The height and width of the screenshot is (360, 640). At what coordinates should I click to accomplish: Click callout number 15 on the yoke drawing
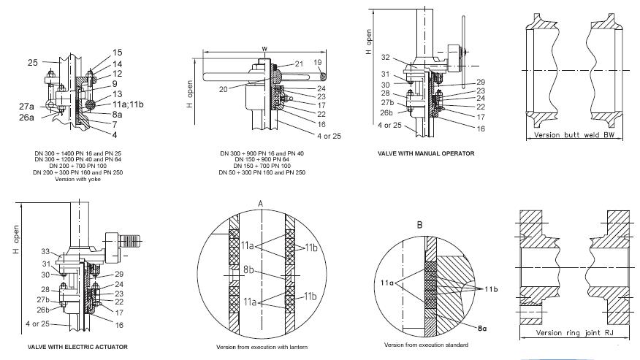pos(118,53)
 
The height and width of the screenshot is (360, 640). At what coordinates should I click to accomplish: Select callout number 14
pos(118,64)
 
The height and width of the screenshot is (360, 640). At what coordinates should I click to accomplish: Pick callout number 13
pos(118,95)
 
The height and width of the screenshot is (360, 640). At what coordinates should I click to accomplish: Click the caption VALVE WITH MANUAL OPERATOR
pos(426,153)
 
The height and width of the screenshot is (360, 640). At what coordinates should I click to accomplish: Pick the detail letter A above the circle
pos(260,203)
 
